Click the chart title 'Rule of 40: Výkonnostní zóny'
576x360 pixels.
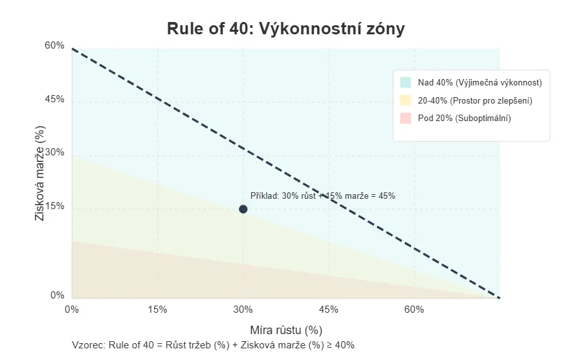pos(285,29)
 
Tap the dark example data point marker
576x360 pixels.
pos(243,209)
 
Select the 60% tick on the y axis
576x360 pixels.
pos(55,45)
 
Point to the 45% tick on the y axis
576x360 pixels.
pos(55,99)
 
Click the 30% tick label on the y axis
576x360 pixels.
pos(55,152)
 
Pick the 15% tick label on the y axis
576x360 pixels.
pos(55,206)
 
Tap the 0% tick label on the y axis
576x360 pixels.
pos(58,295)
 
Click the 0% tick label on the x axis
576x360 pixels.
pos(72,309)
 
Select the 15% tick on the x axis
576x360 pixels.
pos(157,309)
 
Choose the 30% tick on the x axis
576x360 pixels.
pos(243,309)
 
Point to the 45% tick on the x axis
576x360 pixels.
pos(329,309)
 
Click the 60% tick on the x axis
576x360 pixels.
pos(414,309)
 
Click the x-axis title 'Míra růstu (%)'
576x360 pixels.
pos(286,330)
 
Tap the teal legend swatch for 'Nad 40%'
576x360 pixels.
pos(406,83)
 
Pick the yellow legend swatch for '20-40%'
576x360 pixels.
pos(406,100)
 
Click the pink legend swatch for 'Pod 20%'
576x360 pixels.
pos(406,118)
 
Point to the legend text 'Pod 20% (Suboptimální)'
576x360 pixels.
pos(464,118)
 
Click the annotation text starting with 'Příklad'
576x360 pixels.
pos(322,196)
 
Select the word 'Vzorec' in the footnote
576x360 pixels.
pos(88,345)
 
